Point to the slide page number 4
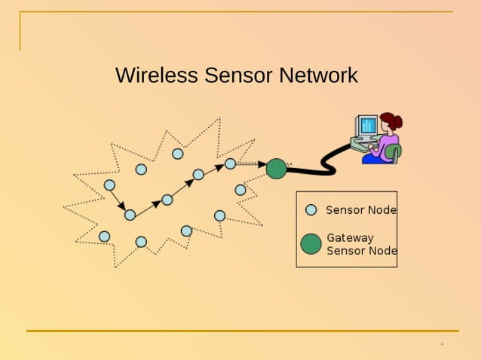pos(442,344)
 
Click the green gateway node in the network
pos(277,169)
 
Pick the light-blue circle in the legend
pos(311,210)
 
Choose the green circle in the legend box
pos(311,244)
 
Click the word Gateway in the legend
pos(350,238)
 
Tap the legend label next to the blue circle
pos(361,210)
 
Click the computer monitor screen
pos(367,125)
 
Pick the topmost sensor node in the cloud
pos(178,154)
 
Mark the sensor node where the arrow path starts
pos(109,185)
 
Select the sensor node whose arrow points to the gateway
pos(230,163)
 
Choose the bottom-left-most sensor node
pos(104,236)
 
